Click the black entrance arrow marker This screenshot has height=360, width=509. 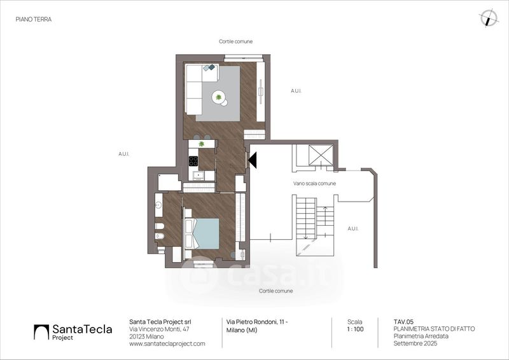coord(253,160)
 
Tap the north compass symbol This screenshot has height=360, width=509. coord(489,18)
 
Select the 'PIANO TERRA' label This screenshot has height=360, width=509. coord(34,19)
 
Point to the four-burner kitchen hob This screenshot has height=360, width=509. coord(193,161)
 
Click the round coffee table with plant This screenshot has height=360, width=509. coord(220,98)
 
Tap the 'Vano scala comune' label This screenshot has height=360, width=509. coord(314,183)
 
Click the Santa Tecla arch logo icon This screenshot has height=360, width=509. coord(41,332)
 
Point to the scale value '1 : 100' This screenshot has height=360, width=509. coord(355,329)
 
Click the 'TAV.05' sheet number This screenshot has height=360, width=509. coord(403,322)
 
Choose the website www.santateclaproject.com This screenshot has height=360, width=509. coord(167,343)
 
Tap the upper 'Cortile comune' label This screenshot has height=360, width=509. coord(235,41)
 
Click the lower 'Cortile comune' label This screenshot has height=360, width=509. coord(276,291)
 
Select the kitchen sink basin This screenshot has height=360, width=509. coord(198,176)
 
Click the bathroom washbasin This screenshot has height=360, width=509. coord(158,205)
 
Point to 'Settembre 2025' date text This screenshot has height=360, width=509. coord(415,343)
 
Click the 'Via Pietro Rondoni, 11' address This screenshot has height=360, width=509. coord(257,322)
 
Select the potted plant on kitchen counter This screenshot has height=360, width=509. coord(202,144)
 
